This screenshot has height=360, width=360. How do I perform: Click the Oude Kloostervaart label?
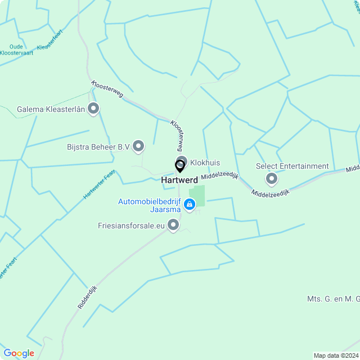coord(21,49)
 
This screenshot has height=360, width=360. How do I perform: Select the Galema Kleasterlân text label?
coord(51,109)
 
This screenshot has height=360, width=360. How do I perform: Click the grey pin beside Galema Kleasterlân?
coord(93,109)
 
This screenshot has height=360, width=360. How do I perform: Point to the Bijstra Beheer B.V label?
coord(98,147)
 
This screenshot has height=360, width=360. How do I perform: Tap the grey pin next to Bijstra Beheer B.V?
coord(138,146)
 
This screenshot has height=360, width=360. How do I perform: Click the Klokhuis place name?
coord(205,163)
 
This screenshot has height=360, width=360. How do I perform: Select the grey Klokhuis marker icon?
coord(182,161)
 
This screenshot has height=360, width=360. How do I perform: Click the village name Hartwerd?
coord(179,180)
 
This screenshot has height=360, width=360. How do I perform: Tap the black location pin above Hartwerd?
coord(180,166)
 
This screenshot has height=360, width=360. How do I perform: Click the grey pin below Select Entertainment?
coord(272,179)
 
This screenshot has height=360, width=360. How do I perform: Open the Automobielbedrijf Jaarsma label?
coord(150,205)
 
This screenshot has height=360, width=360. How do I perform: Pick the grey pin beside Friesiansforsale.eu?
coord(174,225)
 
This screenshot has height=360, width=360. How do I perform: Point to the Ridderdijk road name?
coord(87,296)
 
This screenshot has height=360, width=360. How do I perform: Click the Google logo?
coord(19,353)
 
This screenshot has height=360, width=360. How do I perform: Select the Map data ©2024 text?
coord(335,355)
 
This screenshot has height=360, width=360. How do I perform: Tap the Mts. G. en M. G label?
coord(333,298)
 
